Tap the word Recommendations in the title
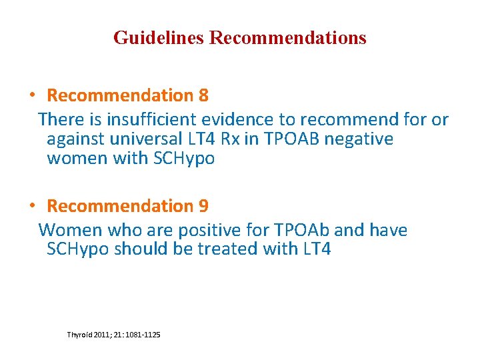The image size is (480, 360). pos(288,37)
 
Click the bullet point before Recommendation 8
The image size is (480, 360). pos(32,95)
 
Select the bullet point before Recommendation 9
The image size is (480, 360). pos(32,205)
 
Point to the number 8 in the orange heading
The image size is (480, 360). pos(203,96)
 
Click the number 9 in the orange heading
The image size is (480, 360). pos(203,206)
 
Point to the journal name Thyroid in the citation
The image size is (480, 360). pos(81,333)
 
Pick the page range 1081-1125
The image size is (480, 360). pos(141,333)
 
